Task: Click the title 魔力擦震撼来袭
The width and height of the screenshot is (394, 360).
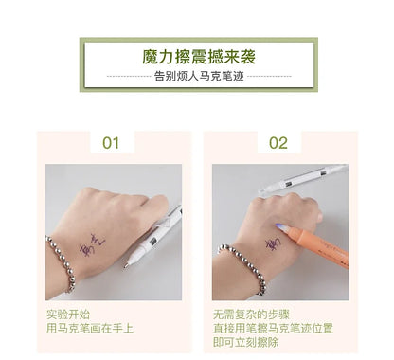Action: click(198, 56)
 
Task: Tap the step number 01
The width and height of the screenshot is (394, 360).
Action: click(112, 144)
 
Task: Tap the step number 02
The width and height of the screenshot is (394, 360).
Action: click(278, 144)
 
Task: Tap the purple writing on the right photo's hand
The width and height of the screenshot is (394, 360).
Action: click(272, 244)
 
